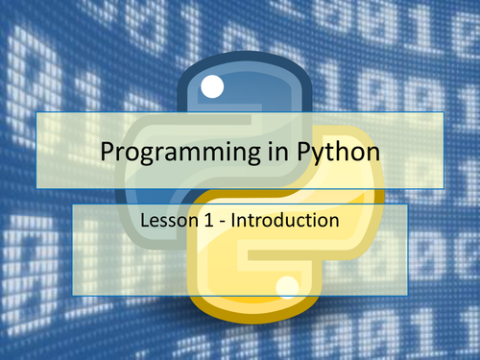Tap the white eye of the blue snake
pos(212,88)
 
